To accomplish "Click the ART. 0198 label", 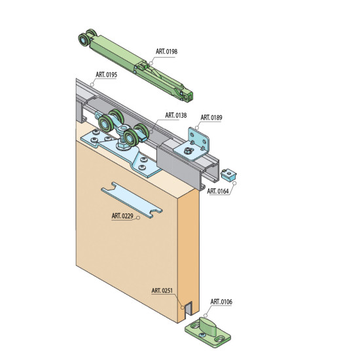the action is click(166, 52).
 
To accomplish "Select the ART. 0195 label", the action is click(106, 75).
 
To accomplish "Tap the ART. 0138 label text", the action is click(176, 115).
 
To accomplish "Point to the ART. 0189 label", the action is click(211, 118).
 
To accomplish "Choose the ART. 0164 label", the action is click(218, 191).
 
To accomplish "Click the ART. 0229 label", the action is click(122, 216).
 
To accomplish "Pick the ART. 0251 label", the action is click(162, 291).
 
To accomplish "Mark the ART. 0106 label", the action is click(221, 302).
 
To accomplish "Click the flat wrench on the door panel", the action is click(132, 200).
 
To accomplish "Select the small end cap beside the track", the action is click(228, 175).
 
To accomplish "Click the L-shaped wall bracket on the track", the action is click(192, 144).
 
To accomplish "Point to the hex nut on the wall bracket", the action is click(188, 151).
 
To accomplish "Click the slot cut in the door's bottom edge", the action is click(189, 308).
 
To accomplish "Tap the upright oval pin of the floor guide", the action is click(207, 327).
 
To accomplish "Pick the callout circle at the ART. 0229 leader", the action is click(138, 218).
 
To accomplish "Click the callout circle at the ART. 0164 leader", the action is click(234, 183).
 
